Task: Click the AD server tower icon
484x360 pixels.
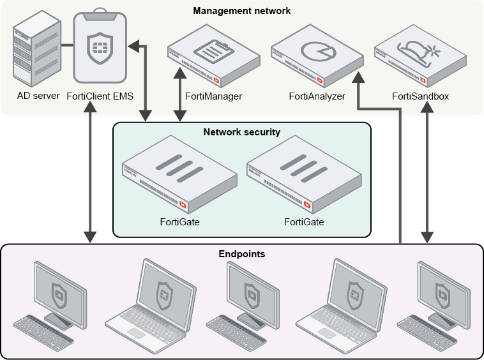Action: [37, 51]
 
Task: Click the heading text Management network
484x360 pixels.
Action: [242, 11]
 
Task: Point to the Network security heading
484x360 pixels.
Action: [242, 132]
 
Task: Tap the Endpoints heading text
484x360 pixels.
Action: [242, 254]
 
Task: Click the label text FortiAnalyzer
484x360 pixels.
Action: [317, 96]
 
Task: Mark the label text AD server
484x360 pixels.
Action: [38, 96]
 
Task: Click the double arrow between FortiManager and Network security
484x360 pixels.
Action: [181, 96]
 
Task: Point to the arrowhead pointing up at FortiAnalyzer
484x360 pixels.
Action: [358, 78]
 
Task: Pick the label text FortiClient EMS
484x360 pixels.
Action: [100, 96]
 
